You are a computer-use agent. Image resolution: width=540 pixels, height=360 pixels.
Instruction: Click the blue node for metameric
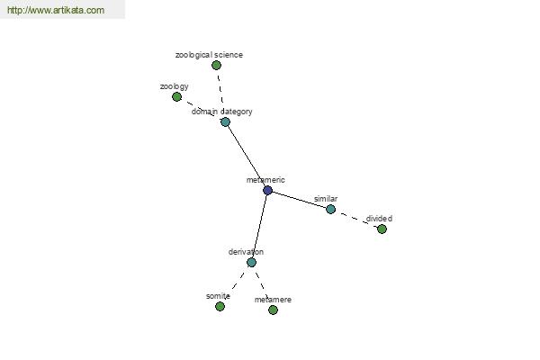pyautogui.click(x=267, y=190)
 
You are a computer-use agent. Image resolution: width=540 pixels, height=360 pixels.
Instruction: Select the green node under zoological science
pyautogui.click(x=216, y=65)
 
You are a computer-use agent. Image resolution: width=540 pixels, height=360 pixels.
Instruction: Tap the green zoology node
pyautogui.click(x=176, y=97)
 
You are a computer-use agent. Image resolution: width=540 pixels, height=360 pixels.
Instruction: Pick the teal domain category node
pyautogui.click(x=225, y=122)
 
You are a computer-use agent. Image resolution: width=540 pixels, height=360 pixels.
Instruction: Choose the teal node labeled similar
pyautogui.click(x=330, y=209)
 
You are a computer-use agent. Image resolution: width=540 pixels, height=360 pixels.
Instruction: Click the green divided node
pyautogui.click(x=382, y=229)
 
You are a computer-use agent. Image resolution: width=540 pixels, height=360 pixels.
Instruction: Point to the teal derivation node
pyautogui.click(x=251, y=263)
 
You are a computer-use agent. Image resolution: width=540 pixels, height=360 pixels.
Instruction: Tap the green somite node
pyautogui.click(x=220, y=306)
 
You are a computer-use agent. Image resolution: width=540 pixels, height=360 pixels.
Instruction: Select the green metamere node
pyautogui.click(x=273, y=310)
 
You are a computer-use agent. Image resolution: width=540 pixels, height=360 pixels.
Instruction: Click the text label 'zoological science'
pyautogui.click(x=209, y=55)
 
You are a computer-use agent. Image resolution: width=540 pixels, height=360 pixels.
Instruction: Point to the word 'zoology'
pyautogui.click(x=175, y=86)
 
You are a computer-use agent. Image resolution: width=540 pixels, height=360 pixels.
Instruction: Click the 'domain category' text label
pyautogui.click(x=221, y=112)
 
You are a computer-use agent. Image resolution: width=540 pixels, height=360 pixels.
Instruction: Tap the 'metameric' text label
pyautogui.click(x=265, y=180)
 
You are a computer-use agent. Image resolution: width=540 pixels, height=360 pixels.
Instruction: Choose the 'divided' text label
pyautogui.click(x=379, y=219)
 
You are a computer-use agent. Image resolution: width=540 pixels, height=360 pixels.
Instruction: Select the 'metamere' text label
pyautogui.click(x=273, y=300)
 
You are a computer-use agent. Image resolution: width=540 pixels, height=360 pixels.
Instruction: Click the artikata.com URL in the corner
pyautogui.click(x=56, y=10)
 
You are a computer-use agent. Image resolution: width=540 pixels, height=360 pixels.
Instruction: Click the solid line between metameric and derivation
pyautogui.click(x=260, y=226)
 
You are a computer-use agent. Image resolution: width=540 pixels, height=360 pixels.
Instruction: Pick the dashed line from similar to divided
pyautogui.click(x=356, y=219)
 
